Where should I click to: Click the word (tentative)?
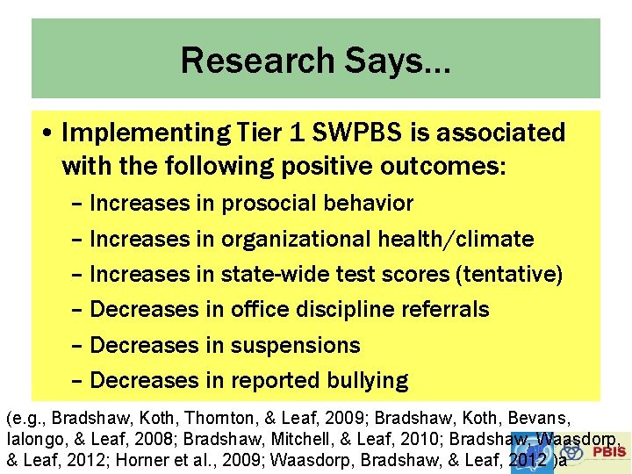pos(509,274)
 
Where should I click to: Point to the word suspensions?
pos(295,345)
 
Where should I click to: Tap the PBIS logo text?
pos(609,451)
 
